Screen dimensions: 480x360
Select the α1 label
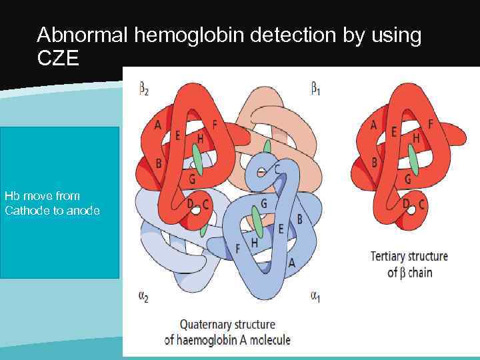316,296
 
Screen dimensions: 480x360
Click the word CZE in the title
58,59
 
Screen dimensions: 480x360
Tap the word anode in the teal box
82,211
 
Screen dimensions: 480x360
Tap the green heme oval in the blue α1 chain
257,219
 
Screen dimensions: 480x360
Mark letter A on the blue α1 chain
291,263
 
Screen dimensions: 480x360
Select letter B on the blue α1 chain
299,219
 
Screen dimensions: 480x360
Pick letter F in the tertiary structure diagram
430,124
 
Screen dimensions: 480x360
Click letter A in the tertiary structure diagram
373,125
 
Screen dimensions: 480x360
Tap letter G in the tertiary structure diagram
407,179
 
